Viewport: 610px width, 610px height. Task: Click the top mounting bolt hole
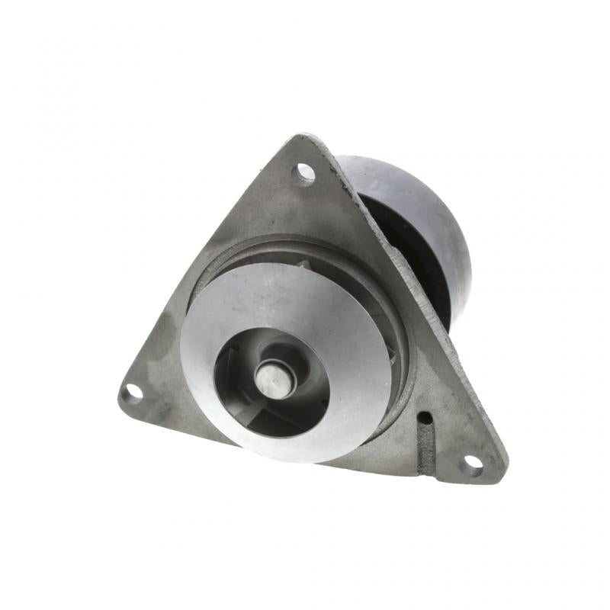click(x=305, y=173)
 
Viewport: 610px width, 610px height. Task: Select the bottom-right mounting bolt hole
click(x=472, y=461)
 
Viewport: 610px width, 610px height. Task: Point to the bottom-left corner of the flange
click(x=122, y=396)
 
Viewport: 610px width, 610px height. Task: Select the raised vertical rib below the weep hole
click(x=426, y=442)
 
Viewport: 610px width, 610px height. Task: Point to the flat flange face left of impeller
click(x=168, y=358)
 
